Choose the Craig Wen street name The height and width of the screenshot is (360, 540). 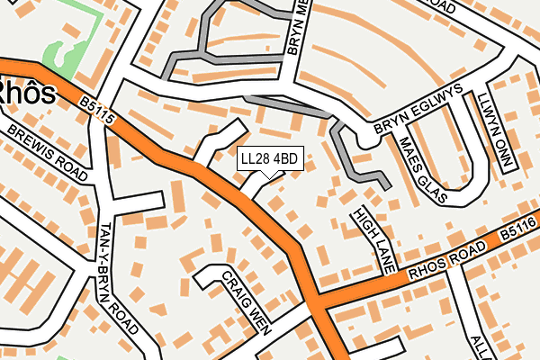(x=246, y=301)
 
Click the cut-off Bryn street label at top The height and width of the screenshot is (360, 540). (x=299, y=27)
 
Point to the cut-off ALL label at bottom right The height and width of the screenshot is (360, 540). (x=478, y=346)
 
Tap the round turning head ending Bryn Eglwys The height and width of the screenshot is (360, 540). (x=366, y=139)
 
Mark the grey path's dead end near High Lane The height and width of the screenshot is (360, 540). (x=387, y=187)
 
